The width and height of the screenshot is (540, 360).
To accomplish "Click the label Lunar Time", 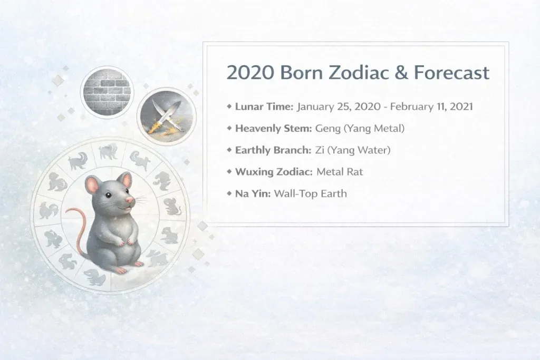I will coord(264,106).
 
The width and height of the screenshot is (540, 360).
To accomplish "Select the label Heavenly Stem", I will coord(273,128).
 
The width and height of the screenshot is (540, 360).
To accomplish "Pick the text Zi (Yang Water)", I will coord(353,150).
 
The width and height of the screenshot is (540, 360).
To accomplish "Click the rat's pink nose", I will coord(129,201).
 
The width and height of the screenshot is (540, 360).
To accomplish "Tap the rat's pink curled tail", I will coord(72,221).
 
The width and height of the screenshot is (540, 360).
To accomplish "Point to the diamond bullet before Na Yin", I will coord(229,193).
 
